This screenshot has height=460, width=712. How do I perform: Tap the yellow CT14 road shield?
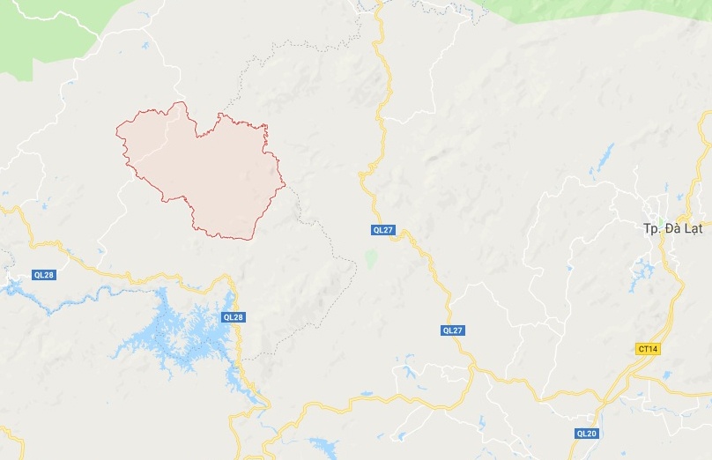click(648, 349)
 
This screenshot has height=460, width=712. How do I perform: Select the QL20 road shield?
click(587, 433)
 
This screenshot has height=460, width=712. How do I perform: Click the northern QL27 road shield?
click(382, 230)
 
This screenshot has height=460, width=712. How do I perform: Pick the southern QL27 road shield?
click(453, 330)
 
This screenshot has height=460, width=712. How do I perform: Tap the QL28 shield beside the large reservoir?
click(234, 317)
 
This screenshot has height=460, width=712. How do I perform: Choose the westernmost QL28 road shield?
click(44, 275)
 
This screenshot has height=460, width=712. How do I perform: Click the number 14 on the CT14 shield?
click(652, 349)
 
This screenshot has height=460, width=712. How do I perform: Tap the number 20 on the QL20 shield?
click(591, 433)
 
